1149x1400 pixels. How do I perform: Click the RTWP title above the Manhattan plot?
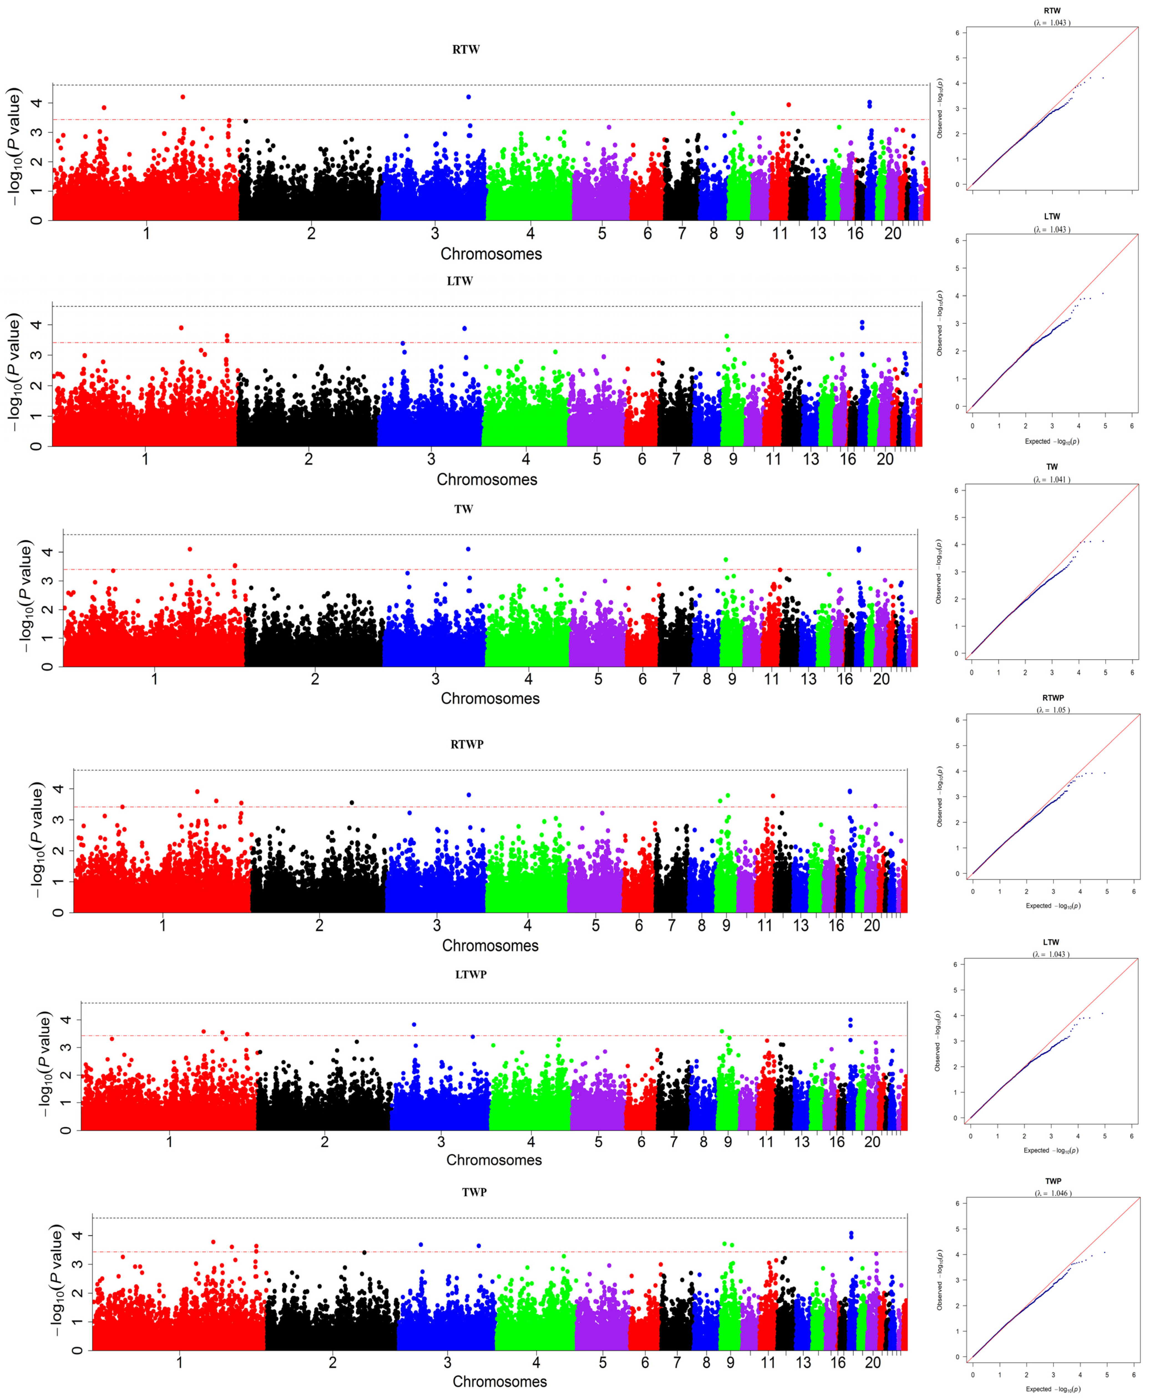[x=467, y=744]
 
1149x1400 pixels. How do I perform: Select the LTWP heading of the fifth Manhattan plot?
[x=470, y=975]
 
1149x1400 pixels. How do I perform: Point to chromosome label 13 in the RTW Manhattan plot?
[x=818, y=234]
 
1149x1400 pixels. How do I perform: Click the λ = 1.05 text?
[x=1052, y=710]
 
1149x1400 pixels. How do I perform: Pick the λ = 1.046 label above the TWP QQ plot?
[x=1052, y=1194]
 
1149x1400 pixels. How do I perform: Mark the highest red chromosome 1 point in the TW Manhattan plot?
[x=190, y=549]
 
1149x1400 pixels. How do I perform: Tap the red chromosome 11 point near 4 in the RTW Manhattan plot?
[x=788, y=105]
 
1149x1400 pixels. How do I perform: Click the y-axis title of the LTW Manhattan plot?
[x=14, y=374]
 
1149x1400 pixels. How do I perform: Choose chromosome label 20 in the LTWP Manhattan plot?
[x=872, y=1142]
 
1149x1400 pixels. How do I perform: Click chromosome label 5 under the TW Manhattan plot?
[x=598, y=679]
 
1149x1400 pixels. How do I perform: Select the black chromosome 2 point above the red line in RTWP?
[x=351, y=803]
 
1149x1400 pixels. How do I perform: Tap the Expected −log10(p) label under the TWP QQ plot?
[x=1052, y=1389]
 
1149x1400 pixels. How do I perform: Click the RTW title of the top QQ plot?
[x=1052, y=11]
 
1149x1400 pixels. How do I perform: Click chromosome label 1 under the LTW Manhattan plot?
[x=145, y=459]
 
